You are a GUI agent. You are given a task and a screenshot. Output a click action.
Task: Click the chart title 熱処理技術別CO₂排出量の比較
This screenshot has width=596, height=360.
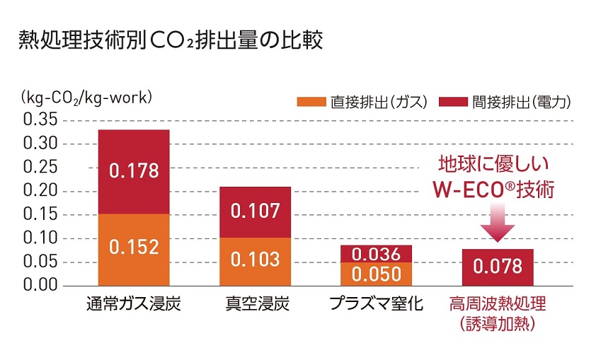(171, 42)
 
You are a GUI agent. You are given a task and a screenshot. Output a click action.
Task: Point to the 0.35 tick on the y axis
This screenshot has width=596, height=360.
(40, 120)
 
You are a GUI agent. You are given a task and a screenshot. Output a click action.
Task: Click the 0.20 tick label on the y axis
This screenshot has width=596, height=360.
(40, 191)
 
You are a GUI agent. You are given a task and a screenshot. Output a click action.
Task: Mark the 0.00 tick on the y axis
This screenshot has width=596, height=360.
(40, 285)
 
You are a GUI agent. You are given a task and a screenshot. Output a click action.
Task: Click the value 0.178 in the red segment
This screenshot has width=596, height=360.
(133, 170)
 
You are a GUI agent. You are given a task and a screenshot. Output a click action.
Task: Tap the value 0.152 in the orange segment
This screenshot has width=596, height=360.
(133, 248)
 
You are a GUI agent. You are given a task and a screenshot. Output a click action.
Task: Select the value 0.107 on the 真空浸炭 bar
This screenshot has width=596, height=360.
(256, 211)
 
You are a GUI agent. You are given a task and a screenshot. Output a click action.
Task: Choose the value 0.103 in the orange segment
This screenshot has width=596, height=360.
(256, 259)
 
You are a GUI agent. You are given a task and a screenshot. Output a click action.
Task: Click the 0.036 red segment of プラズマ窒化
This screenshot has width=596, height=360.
(376, 254)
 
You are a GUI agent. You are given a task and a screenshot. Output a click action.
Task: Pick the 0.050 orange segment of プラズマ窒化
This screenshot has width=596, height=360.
(376, 273)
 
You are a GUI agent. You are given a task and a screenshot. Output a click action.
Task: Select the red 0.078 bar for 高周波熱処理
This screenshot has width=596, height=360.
(498, 267)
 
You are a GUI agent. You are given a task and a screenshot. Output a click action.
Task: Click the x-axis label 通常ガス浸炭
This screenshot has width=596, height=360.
(134, 306)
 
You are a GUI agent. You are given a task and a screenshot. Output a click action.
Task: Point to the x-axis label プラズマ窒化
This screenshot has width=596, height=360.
(376, 306)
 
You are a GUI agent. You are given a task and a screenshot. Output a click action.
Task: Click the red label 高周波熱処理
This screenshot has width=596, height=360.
(498, 306)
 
